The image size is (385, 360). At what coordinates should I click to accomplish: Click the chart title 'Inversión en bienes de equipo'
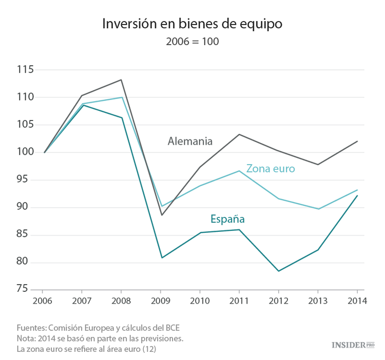click(192, 24)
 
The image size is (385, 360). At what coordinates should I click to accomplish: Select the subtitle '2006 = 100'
click(192, 42)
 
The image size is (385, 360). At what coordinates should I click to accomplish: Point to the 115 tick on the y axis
click(24, 70)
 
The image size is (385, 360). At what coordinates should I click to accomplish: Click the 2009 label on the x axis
click(162, 302)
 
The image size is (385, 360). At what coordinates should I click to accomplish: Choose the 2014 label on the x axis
click(357, 302)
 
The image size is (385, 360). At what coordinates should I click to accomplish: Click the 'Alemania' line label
click(190, 142)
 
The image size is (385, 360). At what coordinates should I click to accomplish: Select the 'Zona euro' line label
click(271, 168)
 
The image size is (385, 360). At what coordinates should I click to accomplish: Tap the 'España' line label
click(227, 219)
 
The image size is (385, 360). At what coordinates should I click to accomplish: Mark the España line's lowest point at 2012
click(279, 271)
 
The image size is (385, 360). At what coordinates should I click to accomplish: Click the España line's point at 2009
click(162, 257)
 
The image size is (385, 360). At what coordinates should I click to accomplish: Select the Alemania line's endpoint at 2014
click(357, 141)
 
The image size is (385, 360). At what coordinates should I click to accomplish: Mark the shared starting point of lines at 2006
click(45, 152)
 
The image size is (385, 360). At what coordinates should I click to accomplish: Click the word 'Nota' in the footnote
click(26, 338)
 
